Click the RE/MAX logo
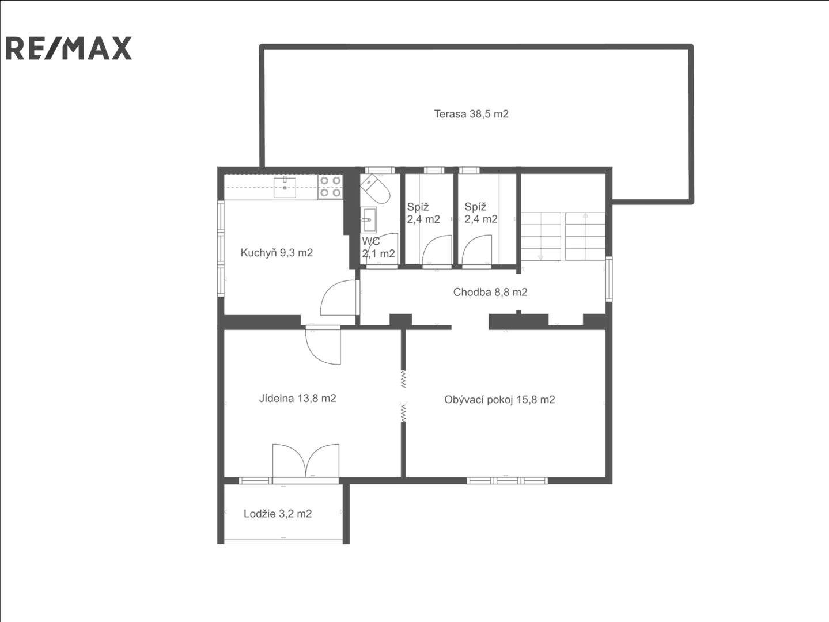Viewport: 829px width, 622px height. [69, 48]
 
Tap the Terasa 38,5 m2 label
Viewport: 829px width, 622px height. [471, 114]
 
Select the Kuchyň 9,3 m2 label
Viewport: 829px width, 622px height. [277, 252]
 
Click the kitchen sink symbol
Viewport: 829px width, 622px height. [285, 187]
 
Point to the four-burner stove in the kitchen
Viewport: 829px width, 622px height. [330, 187]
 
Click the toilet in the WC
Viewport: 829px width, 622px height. [375, 189]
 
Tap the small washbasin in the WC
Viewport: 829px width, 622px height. [368, 219]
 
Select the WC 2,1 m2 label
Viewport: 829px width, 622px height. [378, 247]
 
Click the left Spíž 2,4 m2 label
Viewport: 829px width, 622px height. [423, 213]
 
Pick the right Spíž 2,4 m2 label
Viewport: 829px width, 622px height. [481, 213]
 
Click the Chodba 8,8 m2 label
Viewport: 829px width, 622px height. [490, 292]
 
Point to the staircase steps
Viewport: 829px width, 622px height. [563, 236]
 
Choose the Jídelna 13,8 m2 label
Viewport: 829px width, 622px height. [298, 398]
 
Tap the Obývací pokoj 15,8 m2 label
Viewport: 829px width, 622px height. [499, 400]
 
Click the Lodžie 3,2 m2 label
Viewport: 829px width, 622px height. [278, 514]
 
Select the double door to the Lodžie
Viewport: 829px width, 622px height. [305, 461]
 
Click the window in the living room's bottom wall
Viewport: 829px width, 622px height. [507, 480]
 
